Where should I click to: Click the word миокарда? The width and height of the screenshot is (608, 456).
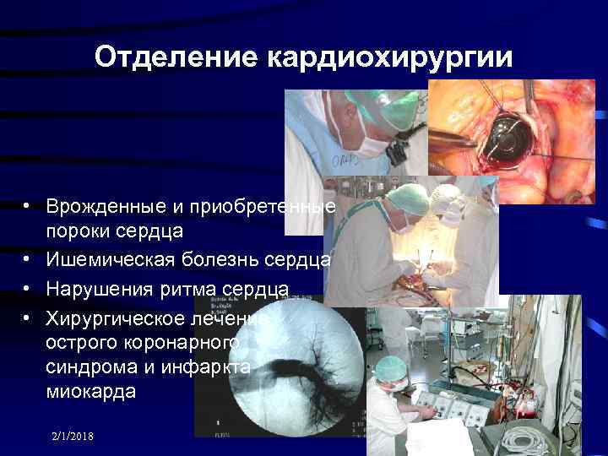point(90,393)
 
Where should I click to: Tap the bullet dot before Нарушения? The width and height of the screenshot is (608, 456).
point(28,290)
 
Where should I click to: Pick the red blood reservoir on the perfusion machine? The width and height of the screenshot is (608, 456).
point(510,398)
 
